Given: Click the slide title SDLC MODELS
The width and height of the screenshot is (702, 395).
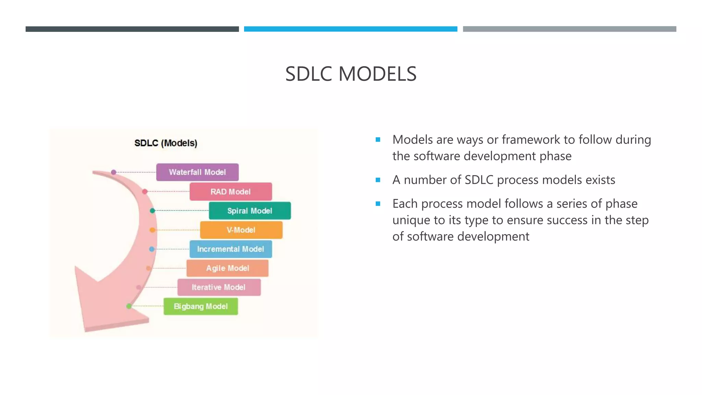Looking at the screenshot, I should pyautogui.click(x=351, y=74).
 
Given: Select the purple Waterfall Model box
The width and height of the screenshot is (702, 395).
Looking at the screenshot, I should pyautogui.click(x=197, y=172).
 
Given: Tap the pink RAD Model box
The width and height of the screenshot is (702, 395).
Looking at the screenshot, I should pyautogui.click(x=231, y=192).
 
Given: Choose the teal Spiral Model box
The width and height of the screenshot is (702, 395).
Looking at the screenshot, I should pyautogui.click(x=250, y=211).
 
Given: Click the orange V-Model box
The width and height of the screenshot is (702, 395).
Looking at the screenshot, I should pyautogui.click(x=241, y=230).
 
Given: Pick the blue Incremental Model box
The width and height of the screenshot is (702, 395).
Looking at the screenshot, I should pyautogui.click(x=231, y=249).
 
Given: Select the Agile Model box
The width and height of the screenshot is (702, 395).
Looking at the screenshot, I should pyautogui.click(x=228, y=268).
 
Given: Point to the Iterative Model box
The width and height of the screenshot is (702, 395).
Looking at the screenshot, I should pyautogui.click(x=219, y=287).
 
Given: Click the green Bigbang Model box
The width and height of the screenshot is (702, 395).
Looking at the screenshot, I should pyautogui.click(x=201, y=307).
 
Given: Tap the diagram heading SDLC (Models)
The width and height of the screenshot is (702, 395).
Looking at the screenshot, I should pyautogui.click(x=166, y=143).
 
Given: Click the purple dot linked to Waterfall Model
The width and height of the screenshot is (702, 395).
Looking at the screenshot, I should pyautogui.click(x=114, y=172).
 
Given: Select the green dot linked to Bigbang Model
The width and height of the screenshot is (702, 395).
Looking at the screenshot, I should pyautogui.click(x=129, y=306).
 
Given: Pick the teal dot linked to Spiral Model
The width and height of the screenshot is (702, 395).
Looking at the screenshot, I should pyautogui.click(x=153, y=211).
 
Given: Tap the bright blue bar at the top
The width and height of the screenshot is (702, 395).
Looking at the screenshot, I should pyautogui.click(x=351, y=29).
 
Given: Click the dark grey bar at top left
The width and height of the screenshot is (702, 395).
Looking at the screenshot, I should pyautogui.click(x=132, y=29).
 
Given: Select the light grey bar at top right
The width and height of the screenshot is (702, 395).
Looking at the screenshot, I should pyautogui.click(x=569, y=29).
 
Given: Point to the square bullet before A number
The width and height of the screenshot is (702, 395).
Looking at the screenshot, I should pyautogui.click(x=378, y=180).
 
